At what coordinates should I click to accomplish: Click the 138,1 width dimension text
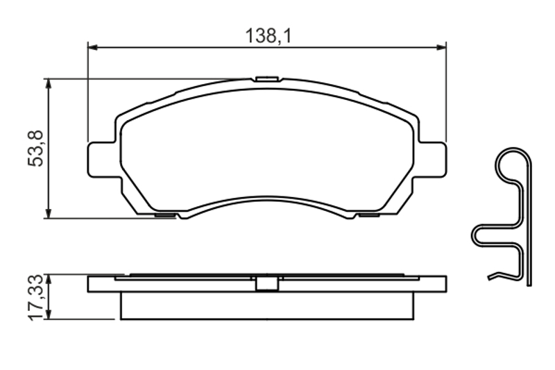point(268,36)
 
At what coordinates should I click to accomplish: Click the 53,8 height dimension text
point(35,149)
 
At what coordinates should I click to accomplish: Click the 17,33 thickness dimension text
point(36,297)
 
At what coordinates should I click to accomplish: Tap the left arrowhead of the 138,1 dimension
point(92,47)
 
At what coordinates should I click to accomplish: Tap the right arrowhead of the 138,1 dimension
point(441,47)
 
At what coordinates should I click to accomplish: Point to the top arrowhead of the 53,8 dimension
point(49,83)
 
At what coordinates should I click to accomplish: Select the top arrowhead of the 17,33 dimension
point(49,279)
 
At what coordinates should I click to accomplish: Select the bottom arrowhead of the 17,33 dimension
point(49,314)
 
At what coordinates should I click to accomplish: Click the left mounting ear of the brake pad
point(101,159)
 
